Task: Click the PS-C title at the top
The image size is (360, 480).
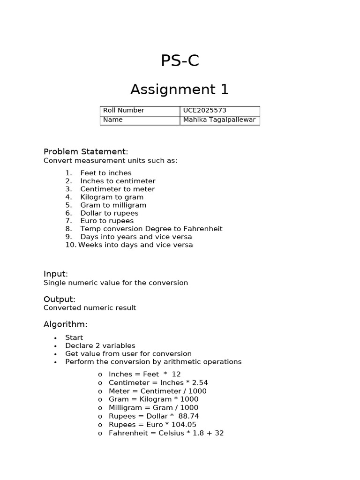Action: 180,61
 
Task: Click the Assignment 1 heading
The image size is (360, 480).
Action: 180,89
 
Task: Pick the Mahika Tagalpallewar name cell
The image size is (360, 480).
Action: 219,120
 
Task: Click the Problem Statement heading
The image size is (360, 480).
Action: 86,151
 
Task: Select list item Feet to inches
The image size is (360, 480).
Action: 106,173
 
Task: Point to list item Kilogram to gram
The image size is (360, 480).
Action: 112,197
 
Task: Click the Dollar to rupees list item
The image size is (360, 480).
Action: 110,213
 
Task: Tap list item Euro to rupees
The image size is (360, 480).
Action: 107,221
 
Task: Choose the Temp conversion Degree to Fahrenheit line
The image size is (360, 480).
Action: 151,229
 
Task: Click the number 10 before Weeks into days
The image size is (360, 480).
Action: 70,245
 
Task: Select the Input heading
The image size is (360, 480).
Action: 56,274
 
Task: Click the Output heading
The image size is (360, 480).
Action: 59,299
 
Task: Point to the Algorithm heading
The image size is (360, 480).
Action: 66,324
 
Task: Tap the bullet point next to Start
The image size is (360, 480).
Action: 55,338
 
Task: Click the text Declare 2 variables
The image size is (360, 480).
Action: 100,345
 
